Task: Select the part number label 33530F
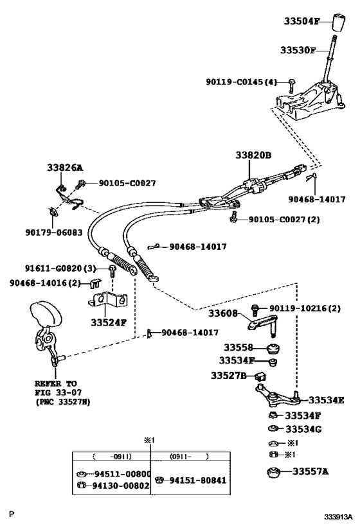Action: click(298, 50)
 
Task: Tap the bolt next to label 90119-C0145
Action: click(291, 85)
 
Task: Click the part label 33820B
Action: click(253, 155)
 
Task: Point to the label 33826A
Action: click(65, 168)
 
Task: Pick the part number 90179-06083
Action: click(54, 232)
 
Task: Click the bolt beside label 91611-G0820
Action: click(112, 270)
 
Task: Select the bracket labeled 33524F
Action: click(108, 299)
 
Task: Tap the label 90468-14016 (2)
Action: click(46, 283)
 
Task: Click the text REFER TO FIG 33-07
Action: click(58, 388)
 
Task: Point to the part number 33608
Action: click(223, 313)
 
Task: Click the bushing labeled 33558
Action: click(274, 349)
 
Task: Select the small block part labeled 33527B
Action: click(260, 376)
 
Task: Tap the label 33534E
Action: click(327, 400)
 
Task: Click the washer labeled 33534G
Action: click(273, 428)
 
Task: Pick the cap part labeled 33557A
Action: click(274, 471)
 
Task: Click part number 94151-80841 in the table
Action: click(198, 480)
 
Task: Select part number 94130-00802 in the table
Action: click(121, 486)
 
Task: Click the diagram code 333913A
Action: click(338, 516)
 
